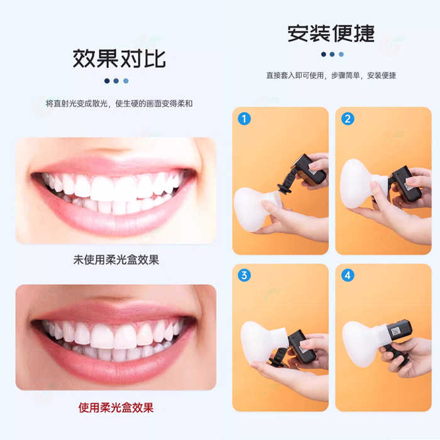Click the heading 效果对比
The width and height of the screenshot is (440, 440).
point(119,58)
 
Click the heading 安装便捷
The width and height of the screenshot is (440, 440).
point(331,33)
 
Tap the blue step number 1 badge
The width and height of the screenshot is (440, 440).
point(244,119)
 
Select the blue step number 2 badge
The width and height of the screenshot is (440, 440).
point(348,119)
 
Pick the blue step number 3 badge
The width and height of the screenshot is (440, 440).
point(244,275)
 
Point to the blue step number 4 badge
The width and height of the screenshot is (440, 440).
point(348,275)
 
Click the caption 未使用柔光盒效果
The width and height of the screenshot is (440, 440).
point(116,260)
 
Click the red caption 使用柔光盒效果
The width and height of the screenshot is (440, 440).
point(116,407)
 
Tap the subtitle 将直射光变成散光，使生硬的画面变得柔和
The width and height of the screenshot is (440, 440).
point(119,104)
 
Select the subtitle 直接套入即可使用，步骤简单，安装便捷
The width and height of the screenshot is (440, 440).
point(331,75)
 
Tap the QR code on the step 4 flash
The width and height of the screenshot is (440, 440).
point(396,331)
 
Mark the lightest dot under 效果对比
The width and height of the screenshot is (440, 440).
point(126,81)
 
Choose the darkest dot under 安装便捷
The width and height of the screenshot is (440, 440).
point(324,54)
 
